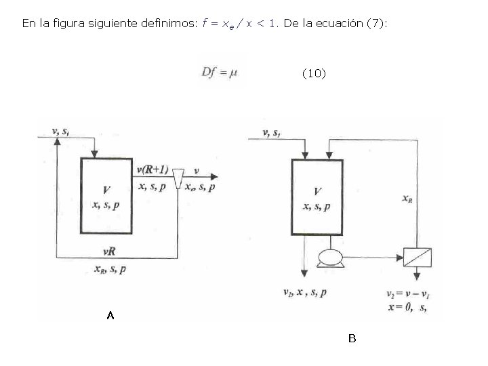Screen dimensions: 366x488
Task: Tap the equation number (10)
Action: pos(313,73)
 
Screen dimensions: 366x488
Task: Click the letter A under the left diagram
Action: pos(110,315)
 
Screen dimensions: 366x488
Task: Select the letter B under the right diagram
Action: pos(352,338)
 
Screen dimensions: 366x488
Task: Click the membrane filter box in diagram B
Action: pos(417,258)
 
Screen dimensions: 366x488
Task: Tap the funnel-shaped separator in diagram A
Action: pos(179,178)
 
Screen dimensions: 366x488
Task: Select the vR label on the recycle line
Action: pos(108,251)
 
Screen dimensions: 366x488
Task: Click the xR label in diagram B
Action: pos(407,199)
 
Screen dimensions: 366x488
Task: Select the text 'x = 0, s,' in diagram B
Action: pos(406,308)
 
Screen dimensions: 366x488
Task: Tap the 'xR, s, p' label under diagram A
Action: pos(109,269)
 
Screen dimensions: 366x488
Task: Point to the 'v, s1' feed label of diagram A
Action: pos(60,131)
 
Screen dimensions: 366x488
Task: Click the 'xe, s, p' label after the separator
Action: pos(201,187)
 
